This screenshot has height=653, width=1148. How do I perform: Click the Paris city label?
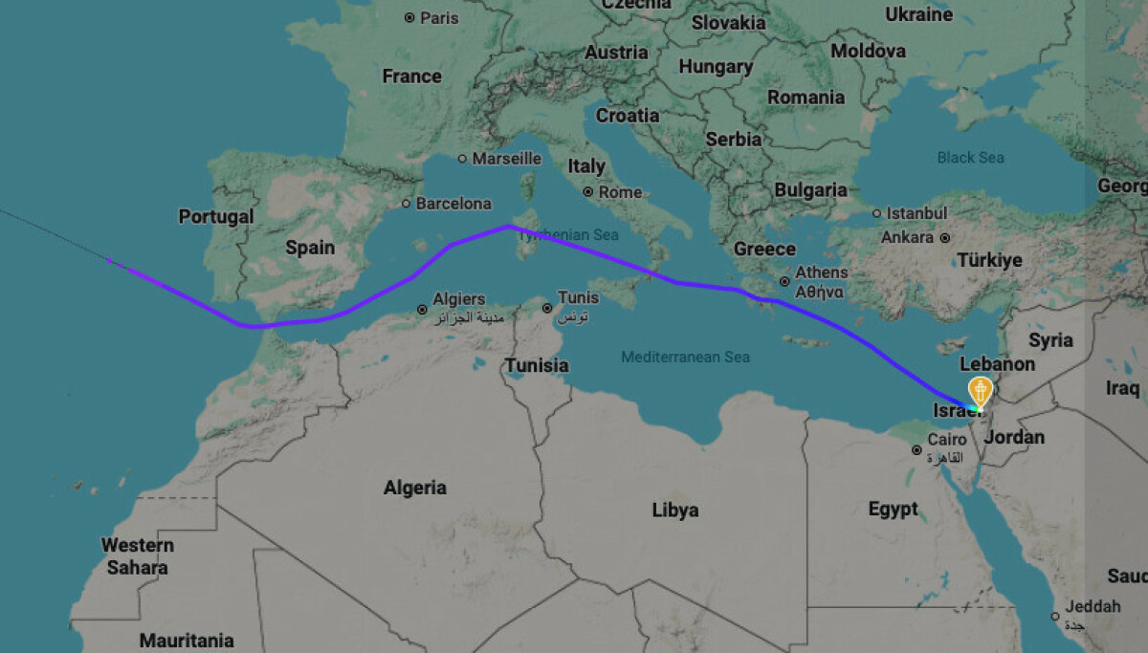pyautogui.click(x=439, y=17)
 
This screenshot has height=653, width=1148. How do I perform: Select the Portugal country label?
pyautogui.click(x=216, y=217)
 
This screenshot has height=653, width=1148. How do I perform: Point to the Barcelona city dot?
pyautogui.click(x=407, y=204)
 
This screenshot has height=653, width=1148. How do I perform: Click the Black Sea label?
pyautogui.click(x=970, y=157)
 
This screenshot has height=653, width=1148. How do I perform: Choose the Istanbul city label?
pyautogui.click(x=916, y=212)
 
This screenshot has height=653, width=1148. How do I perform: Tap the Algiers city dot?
pyautogui.click(x=422, y=310)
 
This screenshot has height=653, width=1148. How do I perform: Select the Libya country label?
pyautogui.click(x=674, y=510)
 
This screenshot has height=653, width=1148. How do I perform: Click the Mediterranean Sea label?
pyautogui.click(x=685, y=357)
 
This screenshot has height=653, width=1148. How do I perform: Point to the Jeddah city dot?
pyautogui.click(x=1054, y=616)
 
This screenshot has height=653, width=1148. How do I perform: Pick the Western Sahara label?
pyautogui.click(x=138, y=555)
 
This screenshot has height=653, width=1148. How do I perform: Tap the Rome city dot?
pyautogui.click(x=589, y=192)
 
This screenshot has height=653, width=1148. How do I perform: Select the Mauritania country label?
pyautogui.click(x=187, y=640)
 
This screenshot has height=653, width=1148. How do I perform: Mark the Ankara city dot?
pyautogui.click(x=944, y=237)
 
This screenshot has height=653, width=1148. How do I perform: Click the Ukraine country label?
pyautogui.click(x=918, y=14)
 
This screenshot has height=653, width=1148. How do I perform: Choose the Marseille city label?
pyautogui.click(x=507, y=159)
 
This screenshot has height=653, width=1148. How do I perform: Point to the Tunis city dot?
pyautogui.click(x=547, y=308)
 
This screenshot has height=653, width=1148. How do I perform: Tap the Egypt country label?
pyautogui.click(x=893, y=509)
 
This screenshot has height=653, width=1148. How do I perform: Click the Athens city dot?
pyautogui.click(x=784, y=281)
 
